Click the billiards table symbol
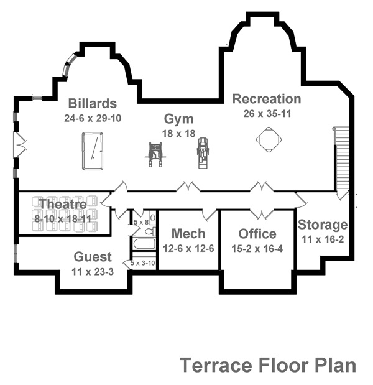pos(93,151)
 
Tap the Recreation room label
pos(267,99)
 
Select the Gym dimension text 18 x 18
pos(178,134)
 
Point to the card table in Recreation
pos(269,139)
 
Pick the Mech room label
pos(188,233)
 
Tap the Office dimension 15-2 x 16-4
pos(257,249)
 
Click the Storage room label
pos(323,225)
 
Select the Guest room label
pos(93,257)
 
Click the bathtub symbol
pos(144,244)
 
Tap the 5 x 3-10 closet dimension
pos(142,263)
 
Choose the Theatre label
pos(63,204)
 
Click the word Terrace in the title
pos(216,365)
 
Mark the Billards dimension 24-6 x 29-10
pos(93,118)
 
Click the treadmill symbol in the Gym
pos(203,153)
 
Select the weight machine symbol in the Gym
pos(155,155)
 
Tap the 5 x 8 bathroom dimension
pos(141,222)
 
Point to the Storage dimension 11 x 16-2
pos(323,239)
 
